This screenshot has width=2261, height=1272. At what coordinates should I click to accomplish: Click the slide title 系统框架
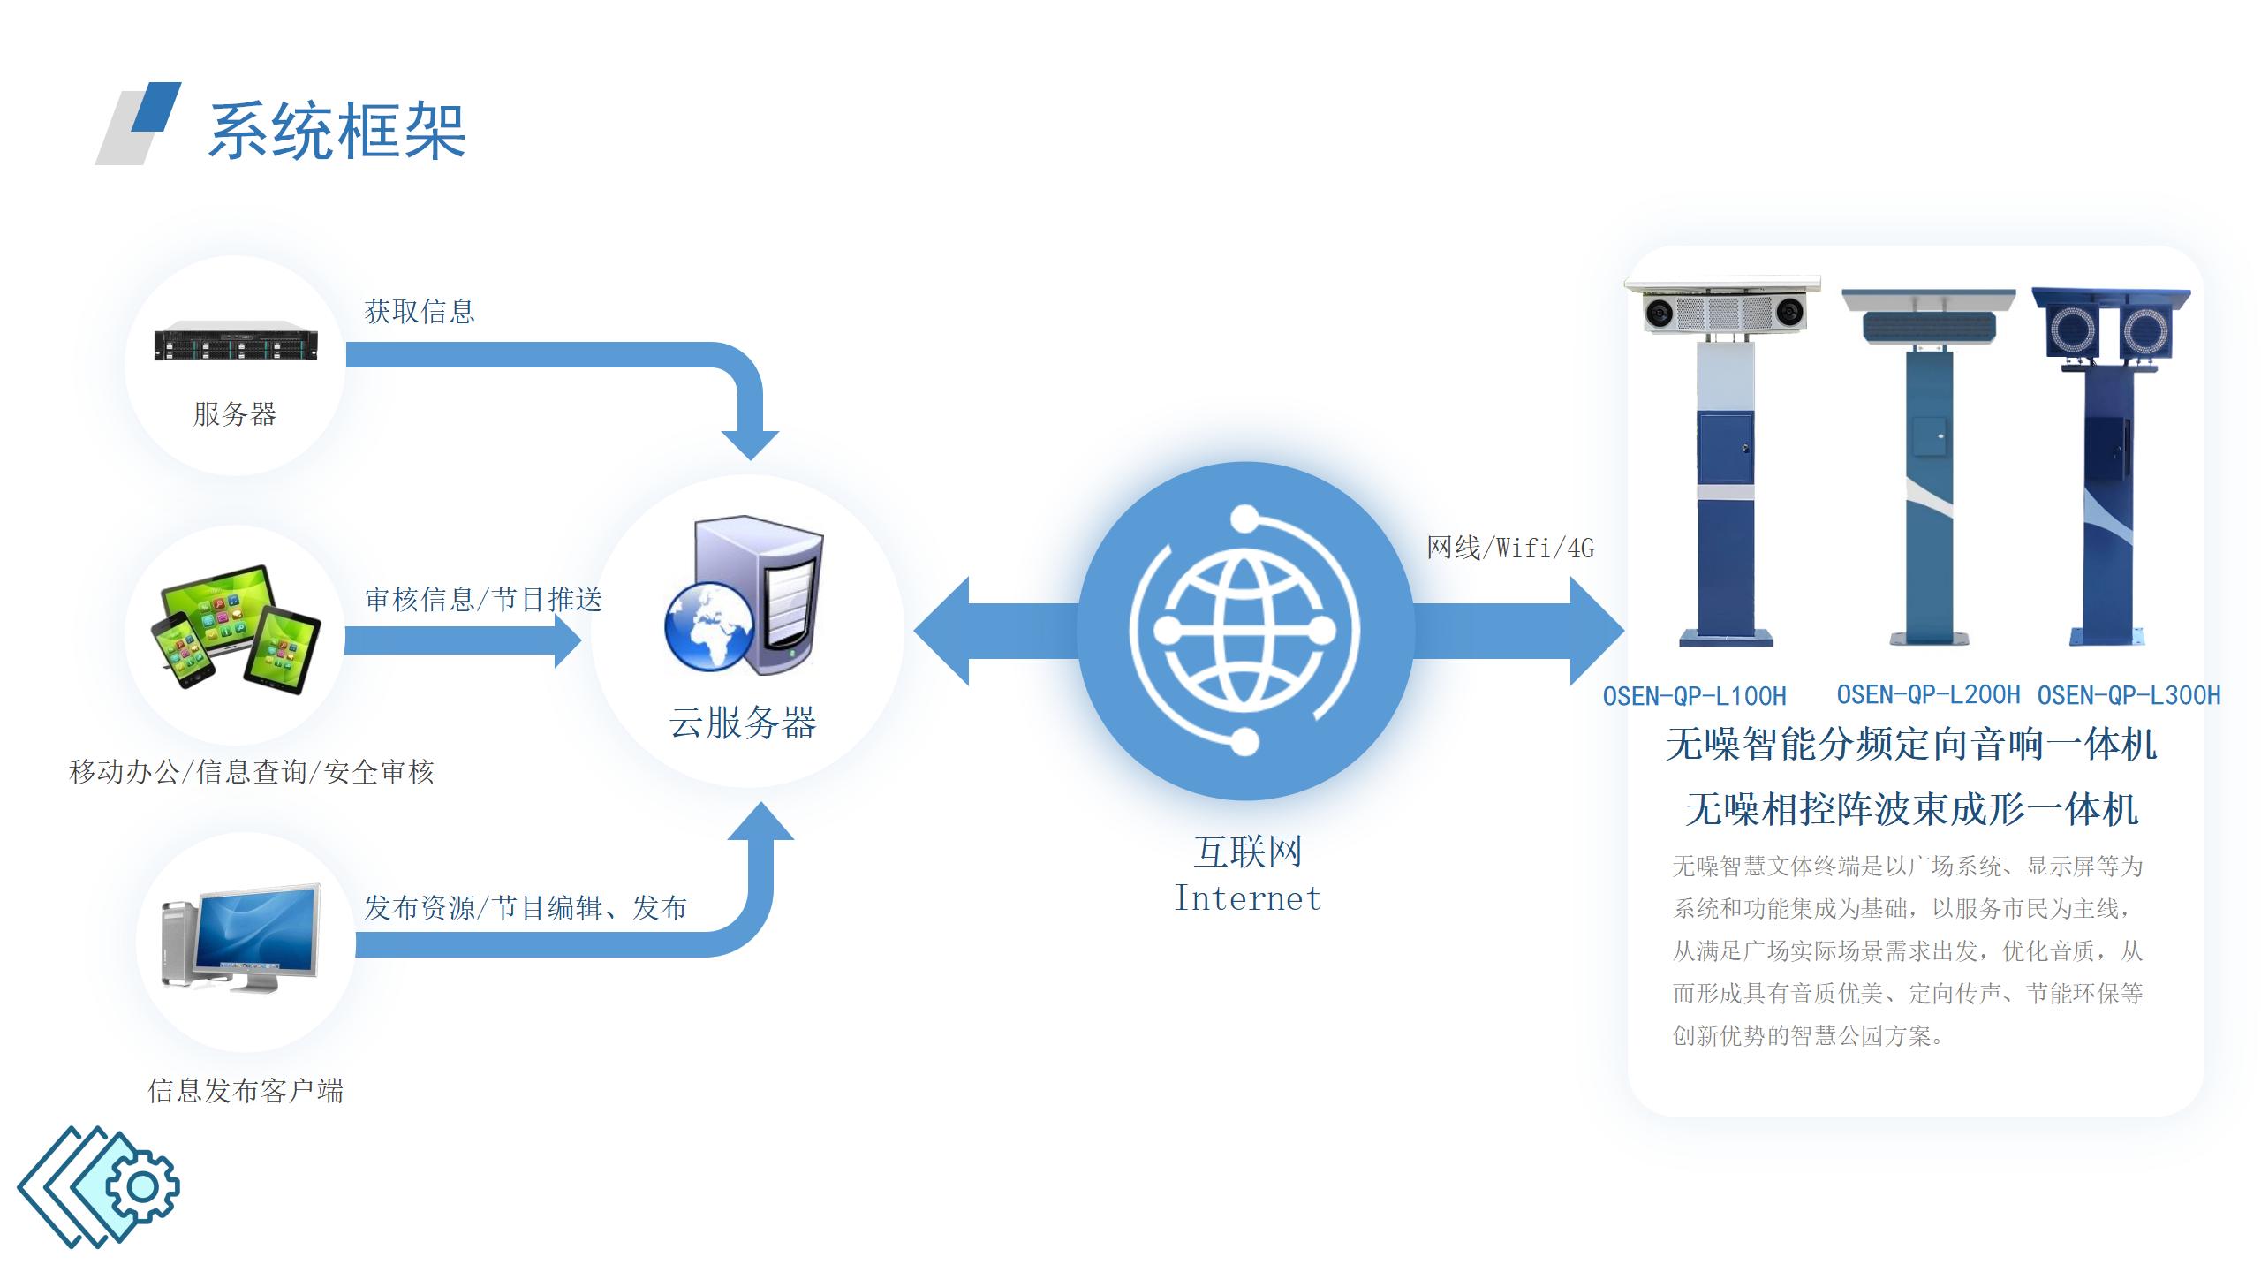pyautogui.click(x=337, y=132)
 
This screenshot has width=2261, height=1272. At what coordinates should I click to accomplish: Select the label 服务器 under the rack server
pyautogui.click(x=235, y=413)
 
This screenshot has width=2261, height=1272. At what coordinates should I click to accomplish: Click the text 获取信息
pyautogui.click(x=420, y=312)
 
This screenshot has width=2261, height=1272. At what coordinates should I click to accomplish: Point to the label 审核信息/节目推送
pyautogui.click(x=483, y=600)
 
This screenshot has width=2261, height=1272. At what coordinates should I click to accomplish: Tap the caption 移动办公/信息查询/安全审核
pyautogui.click(x=252, y=772)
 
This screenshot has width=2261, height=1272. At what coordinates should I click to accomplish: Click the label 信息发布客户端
pyautogui.click(x=246, y=1091)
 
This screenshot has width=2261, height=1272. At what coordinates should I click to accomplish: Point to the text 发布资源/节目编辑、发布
pyautogui.click(x=526, y=907)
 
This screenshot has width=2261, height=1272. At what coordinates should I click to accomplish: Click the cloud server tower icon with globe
pyautogui.click(x=744, y=597)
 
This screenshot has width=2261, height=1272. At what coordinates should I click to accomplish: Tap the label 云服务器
pyautogui.click(x=743, y=723)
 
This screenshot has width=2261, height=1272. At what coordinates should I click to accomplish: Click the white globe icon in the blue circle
pyautogui.click(x=1244, y=631)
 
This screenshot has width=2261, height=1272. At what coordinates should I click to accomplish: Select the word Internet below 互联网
pyautogui.click(x=1247, y=899)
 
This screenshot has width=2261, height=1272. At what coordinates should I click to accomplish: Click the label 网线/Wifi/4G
pyautogui.click(x=1510, y=549)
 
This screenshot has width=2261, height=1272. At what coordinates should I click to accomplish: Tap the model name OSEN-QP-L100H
pyautogui.click(x=1694, y=697)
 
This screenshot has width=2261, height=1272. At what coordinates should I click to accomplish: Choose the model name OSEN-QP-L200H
pyautogui.click(x=1928, y=695)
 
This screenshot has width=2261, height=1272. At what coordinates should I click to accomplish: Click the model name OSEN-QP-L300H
pyautogui.click(x=2129, y=696)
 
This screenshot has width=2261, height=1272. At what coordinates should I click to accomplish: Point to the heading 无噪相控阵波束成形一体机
pyautogui.click(x=1911, y=809)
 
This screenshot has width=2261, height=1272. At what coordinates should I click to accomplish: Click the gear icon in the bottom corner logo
pyautogui.click(x=142, y=1186)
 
